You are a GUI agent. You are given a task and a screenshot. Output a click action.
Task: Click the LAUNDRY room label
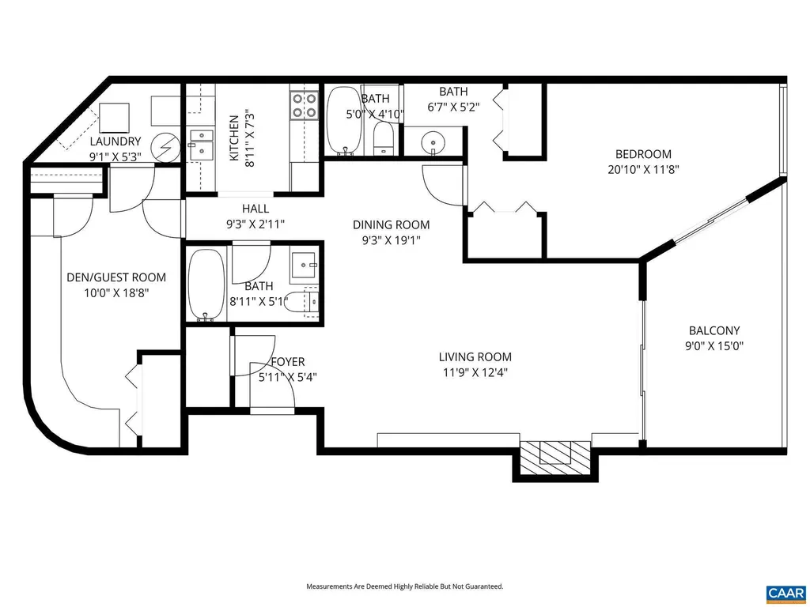115,141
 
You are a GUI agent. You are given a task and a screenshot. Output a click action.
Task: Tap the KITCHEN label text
234,138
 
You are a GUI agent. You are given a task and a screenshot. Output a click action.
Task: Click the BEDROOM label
643,154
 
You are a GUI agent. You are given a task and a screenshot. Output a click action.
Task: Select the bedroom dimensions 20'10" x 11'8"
643,168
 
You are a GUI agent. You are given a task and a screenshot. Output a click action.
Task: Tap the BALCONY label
713,331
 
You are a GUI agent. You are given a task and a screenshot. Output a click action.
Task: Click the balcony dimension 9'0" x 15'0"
713,345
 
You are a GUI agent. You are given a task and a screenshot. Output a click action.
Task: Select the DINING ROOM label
392,225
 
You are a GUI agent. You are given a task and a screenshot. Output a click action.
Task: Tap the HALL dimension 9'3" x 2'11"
255,224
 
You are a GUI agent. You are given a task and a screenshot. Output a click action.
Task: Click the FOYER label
287,363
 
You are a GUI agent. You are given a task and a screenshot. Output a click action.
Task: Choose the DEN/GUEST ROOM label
115,277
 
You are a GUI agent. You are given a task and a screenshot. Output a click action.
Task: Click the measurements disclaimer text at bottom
404,586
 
